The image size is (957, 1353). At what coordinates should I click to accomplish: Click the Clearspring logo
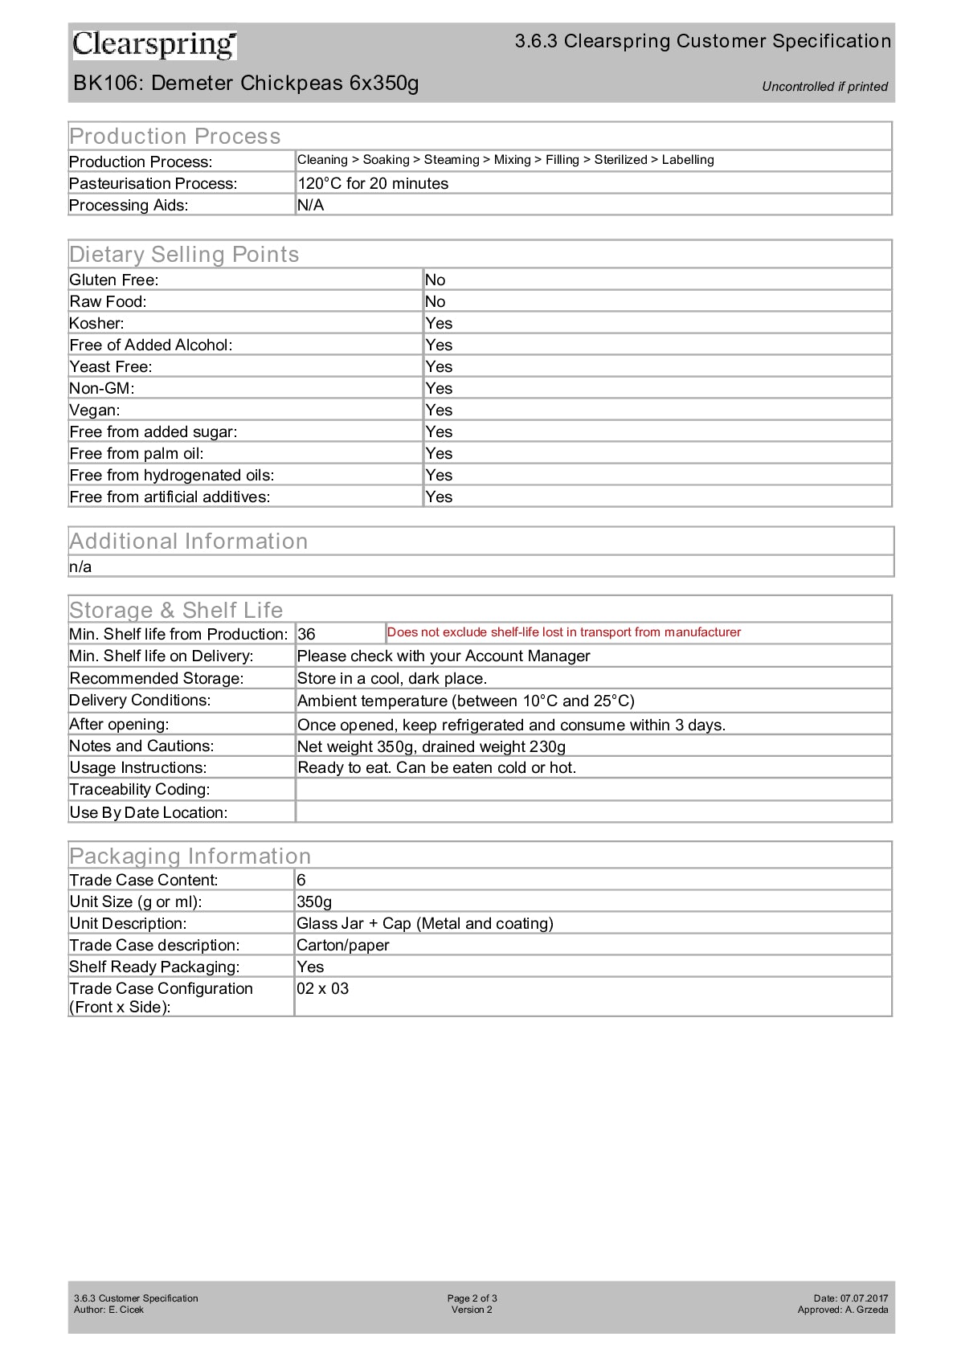pyautogui.click(x=154, y=45)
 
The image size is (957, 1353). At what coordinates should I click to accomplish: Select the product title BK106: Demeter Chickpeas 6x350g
pyautogui.click(x=246, y=84)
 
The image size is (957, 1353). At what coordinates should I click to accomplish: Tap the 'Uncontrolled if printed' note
pyautogui.click(x=824, y=87)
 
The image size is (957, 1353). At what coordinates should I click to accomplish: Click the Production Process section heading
pyautogui.click(x=175, y=137)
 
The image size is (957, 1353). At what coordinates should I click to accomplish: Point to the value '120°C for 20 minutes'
pyautogui.click(x=373, y=184)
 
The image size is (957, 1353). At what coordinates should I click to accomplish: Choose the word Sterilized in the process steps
pyautogui.click(x=620, y=160)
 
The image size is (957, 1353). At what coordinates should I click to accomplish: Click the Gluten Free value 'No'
pyautogui.click(x=435, y=280)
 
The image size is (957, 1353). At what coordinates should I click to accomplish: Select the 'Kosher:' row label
pyautogui.click(x=97, y=324)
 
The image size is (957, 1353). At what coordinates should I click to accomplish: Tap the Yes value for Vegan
pyautogui.click(x=439, y=411)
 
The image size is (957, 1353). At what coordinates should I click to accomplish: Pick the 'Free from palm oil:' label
pyautogui.click(x=137, y=454)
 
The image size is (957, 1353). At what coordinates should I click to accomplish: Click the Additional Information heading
pyautogui.click(x=189, y=542)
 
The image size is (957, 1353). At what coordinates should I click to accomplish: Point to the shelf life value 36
pyautogui.click(x=307, y=635)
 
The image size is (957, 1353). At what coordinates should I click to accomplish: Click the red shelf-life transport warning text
pyautogui.click(x=563, y=632)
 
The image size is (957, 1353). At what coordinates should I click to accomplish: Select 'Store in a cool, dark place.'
pyautogui.click(x=391, y=679)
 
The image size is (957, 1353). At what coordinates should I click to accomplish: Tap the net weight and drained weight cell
pyautogui.click(x=431, y=747)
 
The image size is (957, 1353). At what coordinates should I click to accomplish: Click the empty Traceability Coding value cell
pyautogui.click(x=593, y=790)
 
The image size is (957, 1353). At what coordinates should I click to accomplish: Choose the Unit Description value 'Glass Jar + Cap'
pyautogui.click(x=424, y=924)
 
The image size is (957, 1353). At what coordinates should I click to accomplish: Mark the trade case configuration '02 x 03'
pyautogui.click(x=323, y=989)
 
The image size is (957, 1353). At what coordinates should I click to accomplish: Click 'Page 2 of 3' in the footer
pyautogui.click(x=472, y=1298)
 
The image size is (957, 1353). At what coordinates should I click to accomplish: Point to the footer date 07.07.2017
pyautogui.click(x=864, y=1298)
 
